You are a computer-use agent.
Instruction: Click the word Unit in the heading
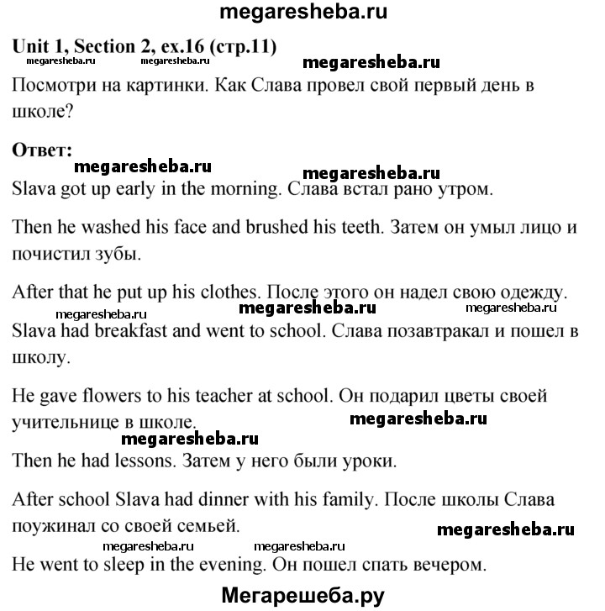[31, 47]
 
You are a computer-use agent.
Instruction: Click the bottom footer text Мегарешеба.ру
[302, 596]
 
